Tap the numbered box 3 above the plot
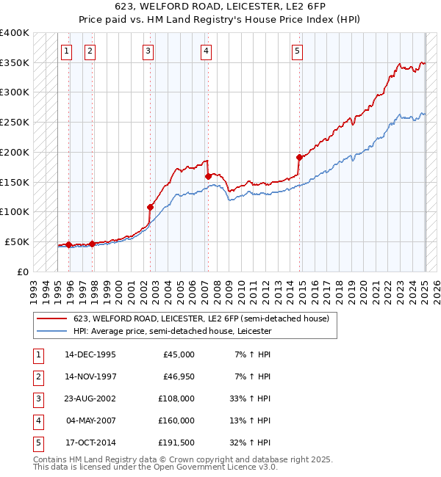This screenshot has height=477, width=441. pos(148,51)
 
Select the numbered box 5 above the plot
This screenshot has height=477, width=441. pos(297,51)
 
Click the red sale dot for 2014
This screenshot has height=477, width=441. pos(299,157)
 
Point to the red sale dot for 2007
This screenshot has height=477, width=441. pos(208,176)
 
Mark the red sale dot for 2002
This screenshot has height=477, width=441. pos(151,207)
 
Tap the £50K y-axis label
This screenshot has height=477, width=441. pos(17,241)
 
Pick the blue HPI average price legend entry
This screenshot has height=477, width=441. pos(172,331)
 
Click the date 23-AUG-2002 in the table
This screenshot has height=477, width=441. pos(90,398)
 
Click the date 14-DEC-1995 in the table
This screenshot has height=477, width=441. pos(90,354)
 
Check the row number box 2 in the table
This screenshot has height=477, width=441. pos(37,376)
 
